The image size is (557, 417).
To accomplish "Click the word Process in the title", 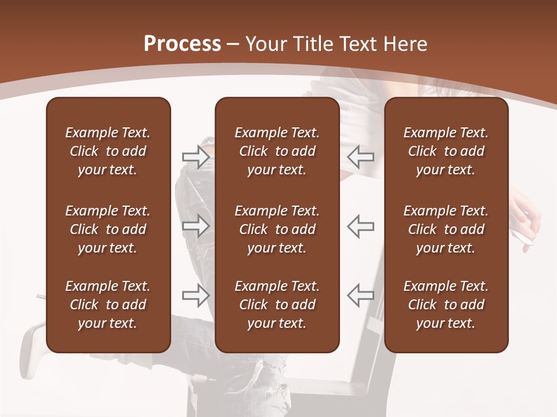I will click(182, 44).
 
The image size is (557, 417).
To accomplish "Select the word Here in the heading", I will click(406, 44).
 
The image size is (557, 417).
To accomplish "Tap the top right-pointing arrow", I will click(196, 156).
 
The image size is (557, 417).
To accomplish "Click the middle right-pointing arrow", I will click(196, 226).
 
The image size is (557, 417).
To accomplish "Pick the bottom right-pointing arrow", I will click(196, 295).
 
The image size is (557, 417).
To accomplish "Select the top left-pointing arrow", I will click(360, 156).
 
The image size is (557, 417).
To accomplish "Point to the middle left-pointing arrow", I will click(360, 226).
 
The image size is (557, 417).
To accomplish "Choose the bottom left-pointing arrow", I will click(360, 295).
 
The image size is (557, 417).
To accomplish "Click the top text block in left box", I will click(108, 151).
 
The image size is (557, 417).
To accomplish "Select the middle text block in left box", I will click(108, 229).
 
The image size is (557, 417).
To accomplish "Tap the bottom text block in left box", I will click(108, 305).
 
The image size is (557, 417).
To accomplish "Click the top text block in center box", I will click(277, 151).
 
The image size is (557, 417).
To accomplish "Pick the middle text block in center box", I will click(277, 229).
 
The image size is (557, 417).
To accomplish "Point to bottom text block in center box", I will click(277, 305).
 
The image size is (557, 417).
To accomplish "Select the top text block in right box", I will click(446, 151).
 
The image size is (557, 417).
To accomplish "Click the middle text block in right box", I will click(446, 229).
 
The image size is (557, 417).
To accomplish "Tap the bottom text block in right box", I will click(446, 305).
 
